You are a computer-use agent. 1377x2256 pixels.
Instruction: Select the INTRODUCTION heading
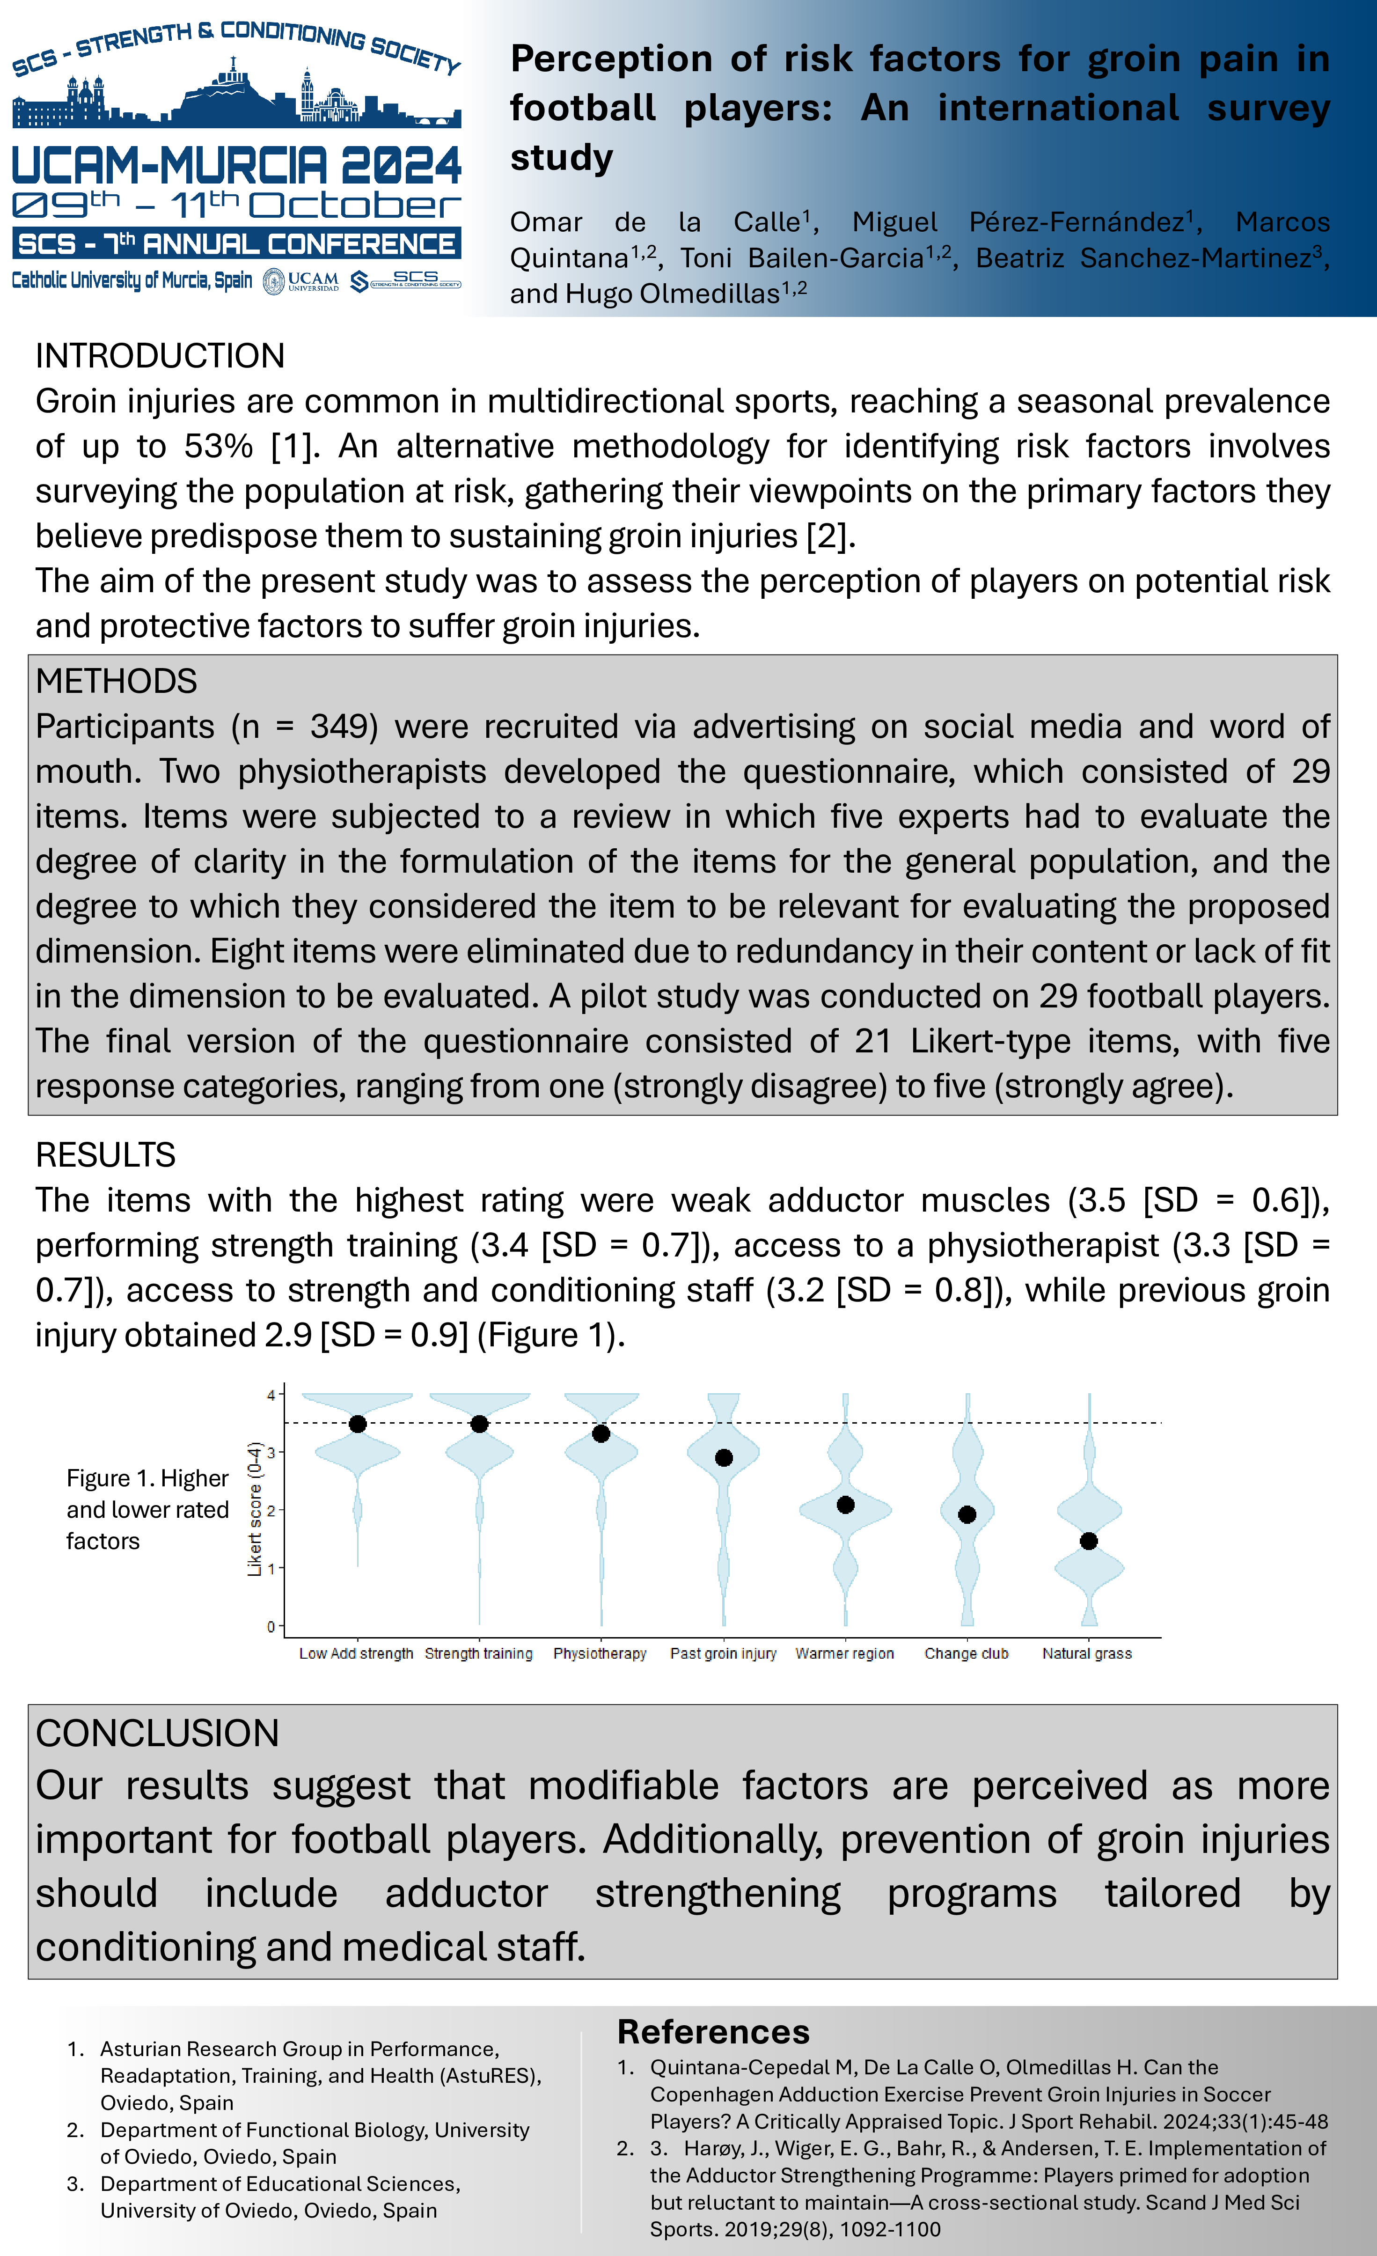pos(160,355)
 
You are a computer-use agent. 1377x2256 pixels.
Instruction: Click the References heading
pos(713,2032)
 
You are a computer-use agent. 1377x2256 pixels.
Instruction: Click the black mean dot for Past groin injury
pos(723,1458)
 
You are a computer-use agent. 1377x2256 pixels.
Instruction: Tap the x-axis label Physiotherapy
pos(600,1653)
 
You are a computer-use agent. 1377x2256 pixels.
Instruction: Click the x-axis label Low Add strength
pos(356,1653)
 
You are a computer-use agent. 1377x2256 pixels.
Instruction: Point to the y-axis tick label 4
pos(271,1396)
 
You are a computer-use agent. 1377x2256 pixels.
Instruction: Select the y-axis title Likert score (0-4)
pos(256,1509)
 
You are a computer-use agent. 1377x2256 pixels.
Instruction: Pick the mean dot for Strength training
pos(479,1424)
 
